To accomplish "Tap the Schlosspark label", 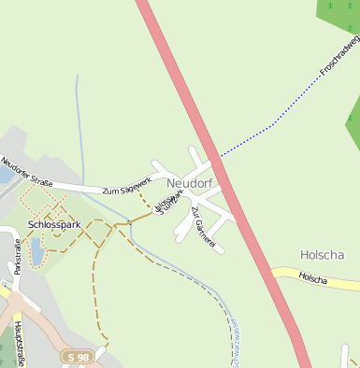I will [55, 225].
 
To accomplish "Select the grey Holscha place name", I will [323, 254].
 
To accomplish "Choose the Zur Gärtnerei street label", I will [203, 227].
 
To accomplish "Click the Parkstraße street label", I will [18, 256].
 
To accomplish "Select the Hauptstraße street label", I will [20, 342].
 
